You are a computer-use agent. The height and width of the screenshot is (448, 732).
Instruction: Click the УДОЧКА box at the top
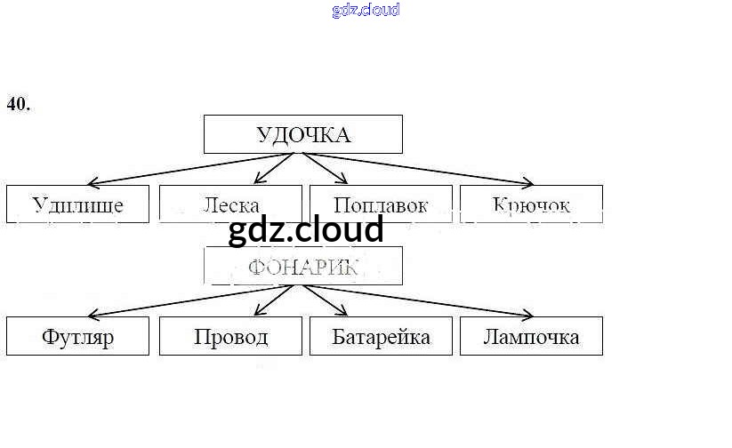click(303, 134)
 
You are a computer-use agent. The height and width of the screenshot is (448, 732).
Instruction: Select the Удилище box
click(77, 204)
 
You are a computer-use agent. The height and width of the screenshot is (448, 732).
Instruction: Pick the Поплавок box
click(381, 204)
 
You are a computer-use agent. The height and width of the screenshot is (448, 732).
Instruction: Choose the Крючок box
click(531, 204)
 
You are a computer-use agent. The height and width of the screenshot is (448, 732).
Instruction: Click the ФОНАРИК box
click(303, 266)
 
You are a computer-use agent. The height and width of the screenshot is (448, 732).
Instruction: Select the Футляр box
click(77, 337)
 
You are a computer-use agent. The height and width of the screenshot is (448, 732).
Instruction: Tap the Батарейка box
click(381, 337)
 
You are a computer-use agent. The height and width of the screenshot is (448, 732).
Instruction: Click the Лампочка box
click(531, 337)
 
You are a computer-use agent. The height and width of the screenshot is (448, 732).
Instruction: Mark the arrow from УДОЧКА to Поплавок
click(327, 168)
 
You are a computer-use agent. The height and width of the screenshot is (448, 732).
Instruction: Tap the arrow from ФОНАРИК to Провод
click(274, 300)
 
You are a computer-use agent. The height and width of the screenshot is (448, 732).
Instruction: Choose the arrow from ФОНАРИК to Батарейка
click(327, 300)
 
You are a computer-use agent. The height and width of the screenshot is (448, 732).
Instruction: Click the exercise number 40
click(19, 104)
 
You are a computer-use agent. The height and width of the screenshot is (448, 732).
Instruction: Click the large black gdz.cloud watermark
click(306, 230)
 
